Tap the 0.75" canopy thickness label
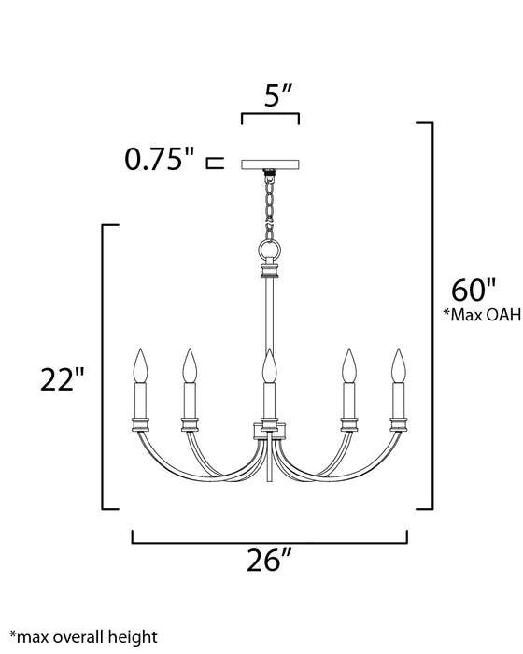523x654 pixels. [160, 161]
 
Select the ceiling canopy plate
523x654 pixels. [270, 163]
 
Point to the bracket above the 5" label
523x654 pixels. [270, 118]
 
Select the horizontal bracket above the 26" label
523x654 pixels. [270, 539]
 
